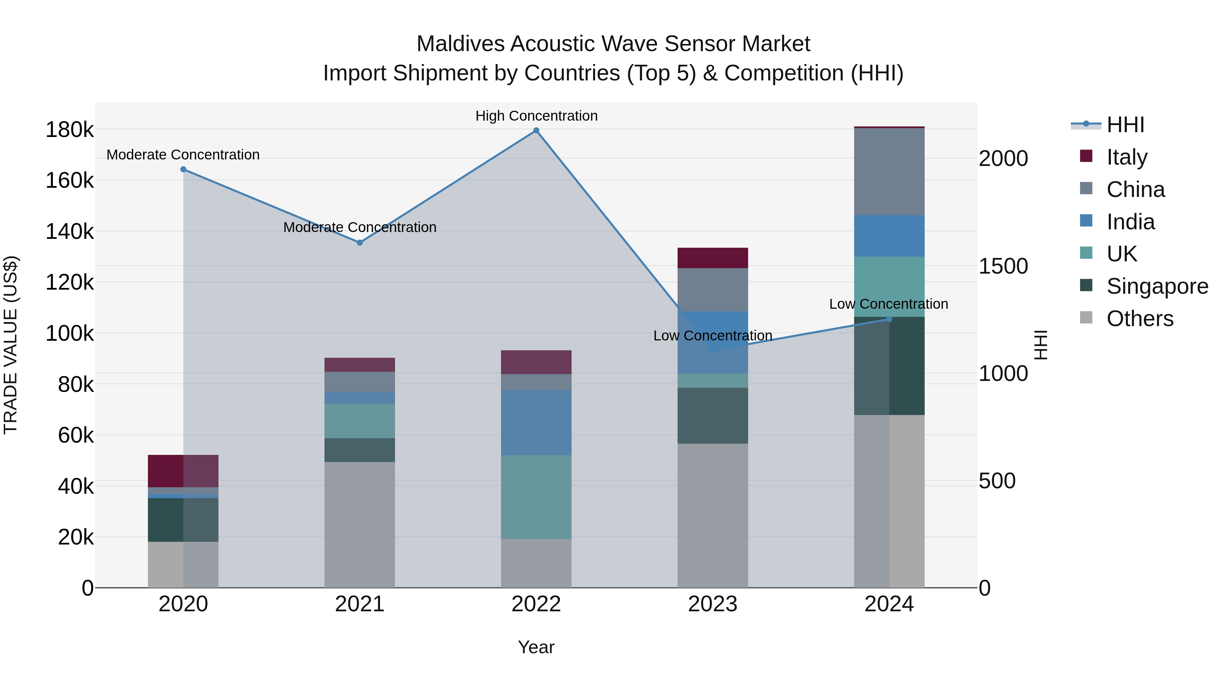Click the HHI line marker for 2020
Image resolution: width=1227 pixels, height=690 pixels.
pos(183,170)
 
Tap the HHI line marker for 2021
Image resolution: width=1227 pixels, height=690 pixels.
pos(360,243)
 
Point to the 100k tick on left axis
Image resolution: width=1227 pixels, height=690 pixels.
pos(70,333)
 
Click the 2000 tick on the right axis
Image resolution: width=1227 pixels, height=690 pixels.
pos(1003,158)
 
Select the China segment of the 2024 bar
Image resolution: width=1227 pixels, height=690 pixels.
pos(889,171)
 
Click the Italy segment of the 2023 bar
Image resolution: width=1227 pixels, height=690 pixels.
pos(713,258)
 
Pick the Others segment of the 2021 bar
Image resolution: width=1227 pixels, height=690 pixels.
pos(360,524)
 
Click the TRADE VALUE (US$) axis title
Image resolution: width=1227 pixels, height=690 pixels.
pos(11,345)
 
